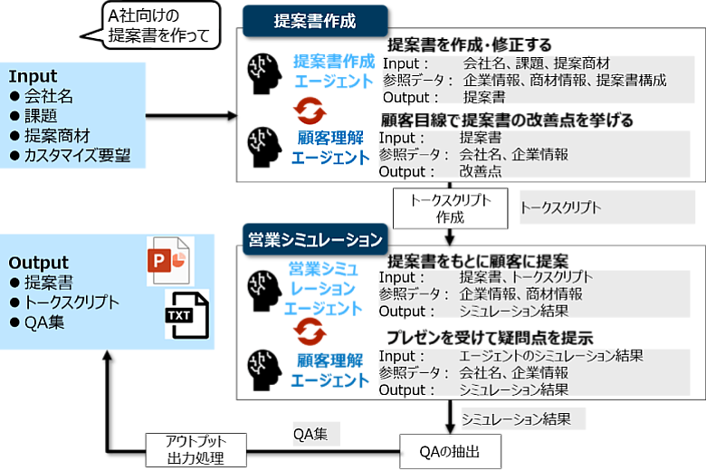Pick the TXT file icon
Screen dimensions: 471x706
click(186, 313)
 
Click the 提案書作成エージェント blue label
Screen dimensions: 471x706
click(332, 71)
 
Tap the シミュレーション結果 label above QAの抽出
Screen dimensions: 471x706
click(515, 419)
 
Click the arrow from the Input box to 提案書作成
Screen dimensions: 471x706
click(190, 116)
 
